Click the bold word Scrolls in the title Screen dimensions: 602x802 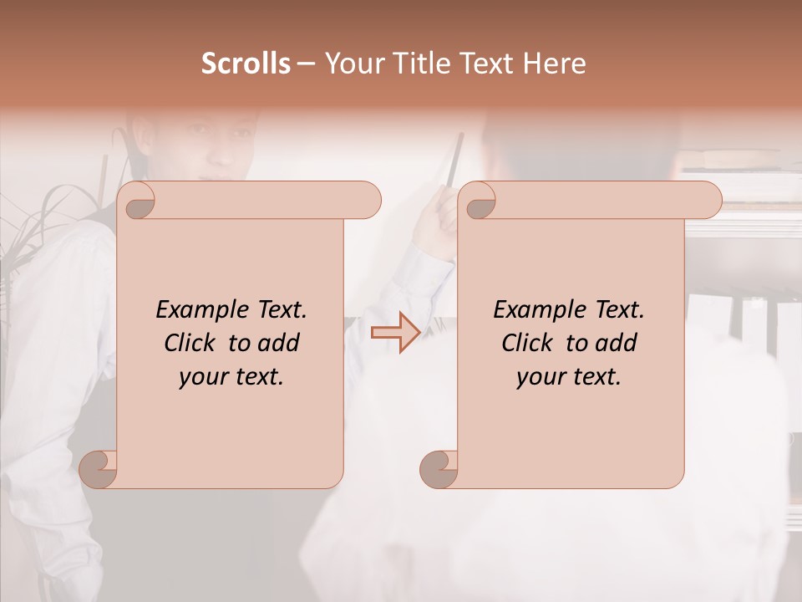246,64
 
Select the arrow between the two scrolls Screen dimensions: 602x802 395,333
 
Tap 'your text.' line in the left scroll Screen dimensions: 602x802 231,377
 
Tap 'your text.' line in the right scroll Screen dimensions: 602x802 569,377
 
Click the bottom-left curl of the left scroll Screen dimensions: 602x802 99,468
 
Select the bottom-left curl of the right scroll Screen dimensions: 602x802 439,468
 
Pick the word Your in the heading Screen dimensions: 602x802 353,64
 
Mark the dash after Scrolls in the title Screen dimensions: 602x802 306,64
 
